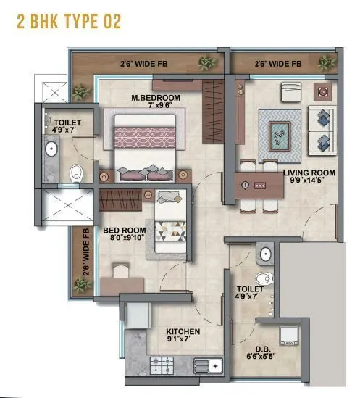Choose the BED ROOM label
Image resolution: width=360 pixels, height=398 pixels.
tap(120, 227)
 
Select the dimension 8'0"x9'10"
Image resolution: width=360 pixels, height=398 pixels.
tap(120, 236)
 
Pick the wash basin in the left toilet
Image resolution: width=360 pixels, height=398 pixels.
tap(51, 150)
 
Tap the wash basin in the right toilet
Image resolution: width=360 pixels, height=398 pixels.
tap(265, 254)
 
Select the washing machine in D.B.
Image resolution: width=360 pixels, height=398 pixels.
tap(290, 338)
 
